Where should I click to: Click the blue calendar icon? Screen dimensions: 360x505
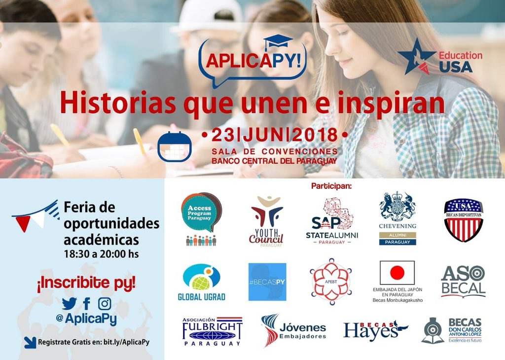(x=174, y=147)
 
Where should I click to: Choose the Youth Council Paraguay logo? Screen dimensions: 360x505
(x=266, y=220)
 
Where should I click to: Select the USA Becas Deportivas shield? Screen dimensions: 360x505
(x=463, y=220)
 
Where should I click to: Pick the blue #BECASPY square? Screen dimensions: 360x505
(x=267, y=282)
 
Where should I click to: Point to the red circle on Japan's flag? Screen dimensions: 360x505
(x=397, y=272)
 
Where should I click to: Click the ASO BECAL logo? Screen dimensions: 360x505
(x=463, y=281)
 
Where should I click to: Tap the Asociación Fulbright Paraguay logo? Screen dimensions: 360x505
(x=212, y=330)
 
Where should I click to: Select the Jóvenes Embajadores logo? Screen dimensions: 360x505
(x=294, y=329)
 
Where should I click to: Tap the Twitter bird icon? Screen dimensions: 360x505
(x=69, y=304)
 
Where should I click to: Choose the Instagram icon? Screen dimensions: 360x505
(x=105, y=303)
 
